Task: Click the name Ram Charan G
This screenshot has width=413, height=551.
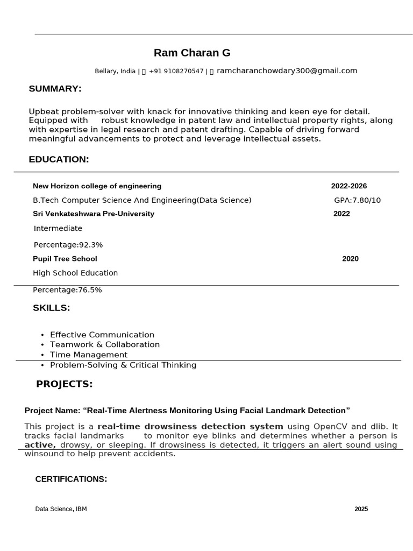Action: pos(192,53)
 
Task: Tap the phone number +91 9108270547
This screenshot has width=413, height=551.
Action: pos(176,71)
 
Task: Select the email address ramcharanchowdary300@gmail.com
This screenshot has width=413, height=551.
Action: pos(287,70)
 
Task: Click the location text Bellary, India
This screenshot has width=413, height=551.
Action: pos(115,71)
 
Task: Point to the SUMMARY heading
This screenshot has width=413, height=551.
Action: pos(55,89)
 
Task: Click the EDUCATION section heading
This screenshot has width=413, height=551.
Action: pos(59,159)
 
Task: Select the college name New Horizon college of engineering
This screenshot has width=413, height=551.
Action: pos(97,186)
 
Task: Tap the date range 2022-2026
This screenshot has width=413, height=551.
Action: pos(349,186)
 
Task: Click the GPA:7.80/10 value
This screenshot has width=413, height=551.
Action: pos(357,200)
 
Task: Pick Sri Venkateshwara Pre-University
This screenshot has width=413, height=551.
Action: pos(94,214)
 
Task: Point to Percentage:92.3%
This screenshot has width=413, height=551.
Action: pos(68,245)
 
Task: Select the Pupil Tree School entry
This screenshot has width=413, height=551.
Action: pos(65,259)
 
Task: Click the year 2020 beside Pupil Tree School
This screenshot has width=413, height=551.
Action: pos(350,259)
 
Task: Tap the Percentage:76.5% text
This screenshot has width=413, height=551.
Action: pos(67,290)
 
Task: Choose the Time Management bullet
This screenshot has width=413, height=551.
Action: pos(89,355)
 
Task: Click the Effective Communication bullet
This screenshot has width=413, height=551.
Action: pos(102,335)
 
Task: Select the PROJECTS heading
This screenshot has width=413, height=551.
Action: pos(65,384)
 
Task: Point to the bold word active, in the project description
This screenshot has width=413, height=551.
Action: pos(40,445)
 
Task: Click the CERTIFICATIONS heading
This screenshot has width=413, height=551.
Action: pos(71,479)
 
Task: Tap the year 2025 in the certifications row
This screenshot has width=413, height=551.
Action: pos(361,509)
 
